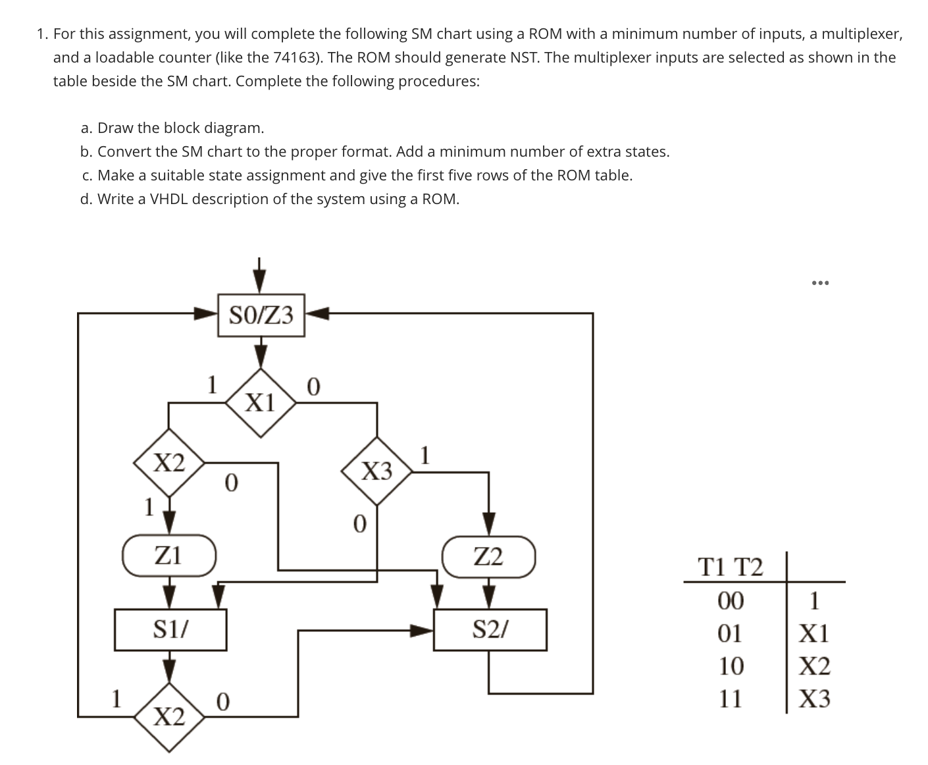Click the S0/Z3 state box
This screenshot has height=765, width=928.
coord(261,315)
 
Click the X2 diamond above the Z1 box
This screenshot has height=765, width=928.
coord(169,463)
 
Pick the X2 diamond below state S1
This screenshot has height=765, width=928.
coord(169,716)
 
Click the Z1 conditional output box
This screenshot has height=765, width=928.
coord(169,556)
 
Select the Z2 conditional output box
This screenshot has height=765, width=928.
coord(488,557)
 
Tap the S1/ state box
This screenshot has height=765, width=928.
coord(170,630)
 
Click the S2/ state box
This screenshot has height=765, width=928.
coord(490,630)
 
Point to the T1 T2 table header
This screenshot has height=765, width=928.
coord(730,566)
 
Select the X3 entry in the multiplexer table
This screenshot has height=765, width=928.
coord(814,699)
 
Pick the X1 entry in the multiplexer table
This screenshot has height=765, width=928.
coord(814,633)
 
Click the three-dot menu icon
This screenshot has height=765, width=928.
coord(821,283)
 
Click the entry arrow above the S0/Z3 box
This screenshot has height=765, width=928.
coord(261,277)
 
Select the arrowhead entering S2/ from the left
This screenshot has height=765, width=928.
coord(421,631)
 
